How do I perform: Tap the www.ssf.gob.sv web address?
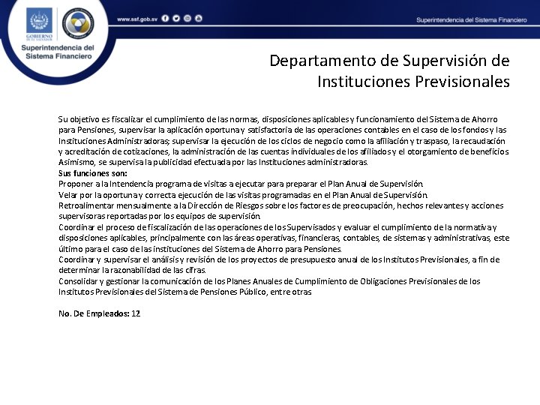tap(135, 18)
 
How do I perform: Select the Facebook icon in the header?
tap(165, 18)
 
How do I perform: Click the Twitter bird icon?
tap(175, 18)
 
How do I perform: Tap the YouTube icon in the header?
tap(198, 18)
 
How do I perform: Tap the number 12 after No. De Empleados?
tap(136, 313)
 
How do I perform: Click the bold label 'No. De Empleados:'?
tap(93, 313)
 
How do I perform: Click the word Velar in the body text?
tap(67, 195)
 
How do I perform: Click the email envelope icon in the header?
tap(187, 18)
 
